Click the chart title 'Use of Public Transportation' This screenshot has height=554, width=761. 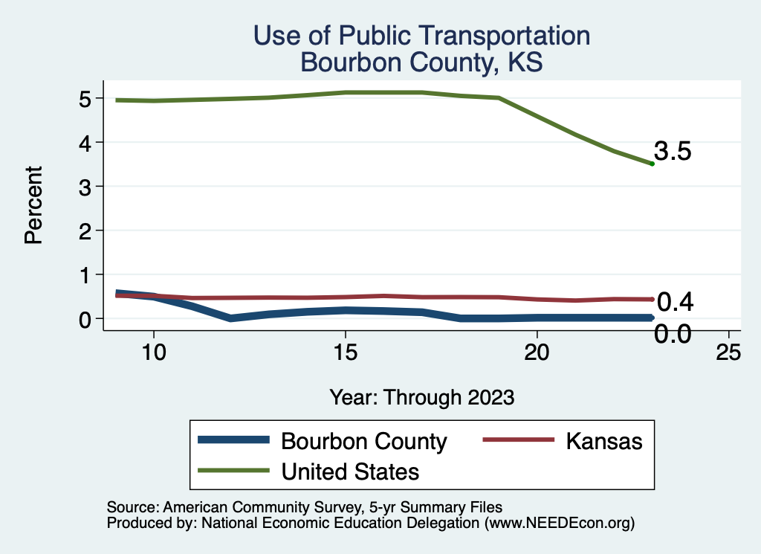click(421, 35)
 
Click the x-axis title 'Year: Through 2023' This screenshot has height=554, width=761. click(422, 397)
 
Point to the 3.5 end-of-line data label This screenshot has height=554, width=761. click(673, 152)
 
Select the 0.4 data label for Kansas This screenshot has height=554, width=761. click(676, 302)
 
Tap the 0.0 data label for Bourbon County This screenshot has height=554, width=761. click(673, 335)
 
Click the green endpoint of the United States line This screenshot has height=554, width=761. click(652, 164)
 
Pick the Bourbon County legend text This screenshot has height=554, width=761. click(363, 441)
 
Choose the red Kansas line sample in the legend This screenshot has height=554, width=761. click(518, 440)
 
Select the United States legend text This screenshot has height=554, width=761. click(350, 471)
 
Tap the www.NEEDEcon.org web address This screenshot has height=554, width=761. click(557, 524)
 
